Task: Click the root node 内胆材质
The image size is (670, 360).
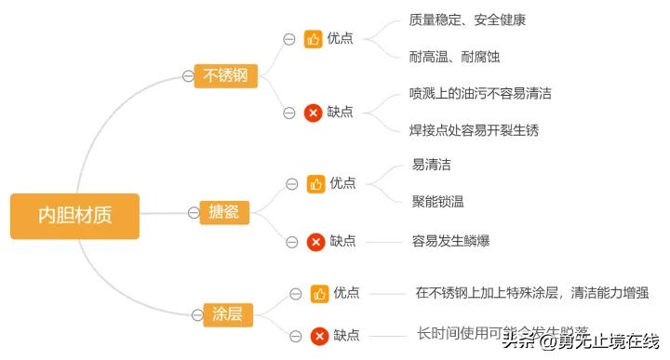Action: click(74, 216)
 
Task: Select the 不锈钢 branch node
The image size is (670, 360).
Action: click(225, 75)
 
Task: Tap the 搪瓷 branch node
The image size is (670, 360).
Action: click(224, 213)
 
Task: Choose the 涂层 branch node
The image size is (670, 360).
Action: click(227, 313)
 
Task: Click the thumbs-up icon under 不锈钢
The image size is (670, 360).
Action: click(314, 39)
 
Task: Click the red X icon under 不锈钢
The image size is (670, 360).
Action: click(314, 113)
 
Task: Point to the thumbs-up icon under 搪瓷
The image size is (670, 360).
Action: click(316, 183)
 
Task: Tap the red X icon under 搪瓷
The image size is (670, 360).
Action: click(316, 242)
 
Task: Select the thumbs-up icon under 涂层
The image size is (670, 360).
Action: click(319, 294)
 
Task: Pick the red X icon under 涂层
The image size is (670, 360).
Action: click(319, 336)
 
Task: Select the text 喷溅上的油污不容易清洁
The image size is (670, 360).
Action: click(480, 93)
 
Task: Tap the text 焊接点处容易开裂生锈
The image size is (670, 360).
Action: click(474, 130)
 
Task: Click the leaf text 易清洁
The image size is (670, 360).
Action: click(432, 165)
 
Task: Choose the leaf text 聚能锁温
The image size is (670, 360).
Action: click(438, 201)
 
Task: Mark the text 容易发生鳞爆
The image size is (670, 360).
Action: click(450, 241)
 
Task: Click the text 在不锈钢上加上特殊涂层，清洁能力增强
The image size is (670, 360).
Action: click(531, 293)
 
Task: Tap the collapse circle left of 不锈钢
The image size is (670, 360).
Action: click(188, 76)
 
